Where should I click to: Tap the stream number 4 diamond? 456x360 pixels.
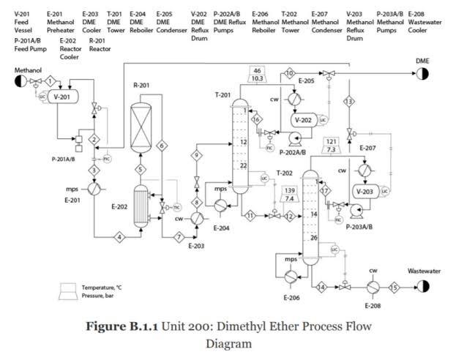pyautogui.click(x=119, y=236)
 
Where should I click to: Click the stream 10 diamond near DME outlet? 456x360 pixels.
pyautogui.click(x=289, y=73)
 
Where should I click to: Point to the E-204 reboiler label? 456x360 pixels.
pyautogui.click(x=221, y=228)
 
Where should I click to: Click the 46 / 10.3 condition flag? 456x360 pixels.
pyautogui.click(x=257, y=75)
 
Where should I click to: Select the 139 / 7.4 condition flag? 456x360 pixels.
pyautogui.click(x=289, y=195)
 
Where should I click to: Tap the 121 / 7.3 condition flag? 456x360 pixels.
pyautogui.click(x=331, y=145)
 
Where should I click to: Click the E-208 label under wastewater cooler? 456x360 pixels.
pyautogui.click(x=373, y=304)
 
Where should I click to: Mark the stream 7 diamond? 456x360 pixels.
pyautogui.click(x=178, y=236)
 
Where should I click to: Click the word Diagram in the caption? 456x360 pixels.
pyautogui.click(x=228, y=342)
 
